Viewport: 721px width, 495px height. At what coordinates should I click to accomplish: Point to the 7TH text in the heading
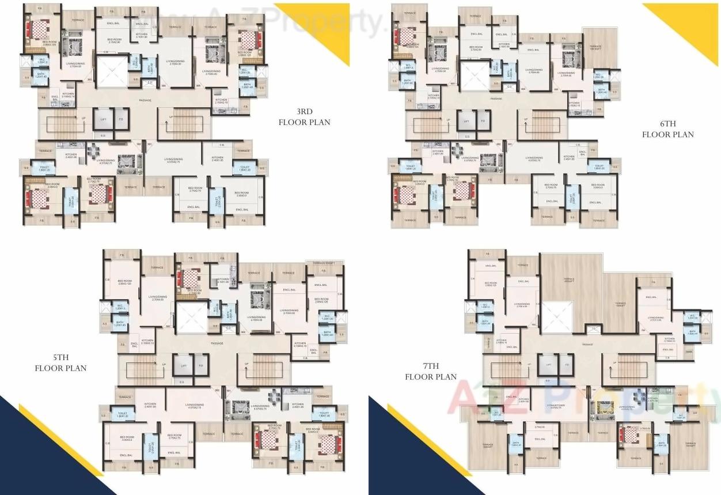click(x=430, y=367)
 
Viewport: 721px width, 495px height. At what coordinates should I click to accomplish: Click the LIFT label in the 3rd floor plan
click(x=103, y=119)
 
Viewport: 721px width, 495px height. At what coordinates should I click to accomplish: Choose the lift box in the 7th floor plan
click(x=548, y=364)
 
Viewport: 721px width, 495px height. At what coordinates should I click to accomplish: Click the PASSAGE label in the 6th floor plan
click(x=496, y=99)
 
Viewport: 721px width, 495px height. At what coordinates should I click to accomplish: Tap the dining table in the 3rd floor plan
click(x=93, y=152)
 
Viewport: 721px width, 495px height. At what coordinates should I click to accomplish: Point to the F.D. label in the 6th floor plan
click(x=483, y=122)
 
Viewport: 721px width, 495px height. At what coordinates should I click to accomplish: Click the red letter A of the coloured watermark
click(x=464, y=398)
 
